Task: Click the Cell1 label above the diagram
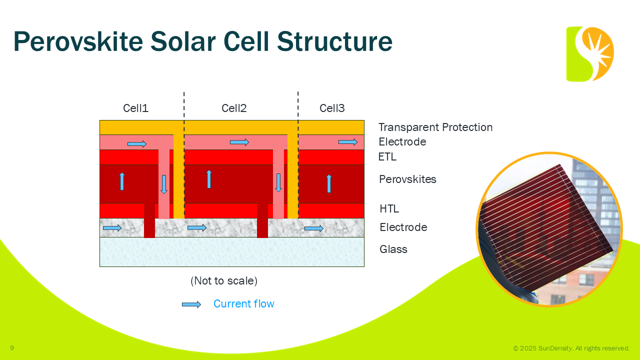[135, 108]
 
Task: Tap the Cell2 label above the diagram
[234, 108]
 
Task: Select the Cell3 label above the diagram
[332, 108]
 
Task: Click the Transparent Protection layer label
[435, 127]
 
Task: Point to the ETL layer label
[387, 157]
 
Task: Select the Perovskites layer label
[407, 179]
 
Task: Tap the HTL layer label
[389, 209]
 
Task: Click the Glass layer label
[393, 249]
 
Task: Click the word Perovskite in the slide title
[78, 41]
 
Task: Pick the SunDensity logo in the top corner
[590, 54]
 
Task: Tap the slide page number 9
[12, 348]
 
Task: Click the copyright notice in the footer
[571, 348]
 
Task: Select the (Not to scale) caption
[224, 281]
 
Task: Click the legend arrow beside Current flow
[191, 304]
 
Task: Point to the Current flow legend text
[243, 304]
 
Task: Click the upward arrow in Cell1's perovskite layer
[121, 181]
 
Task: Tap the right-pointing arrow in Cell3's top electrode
[348, 142]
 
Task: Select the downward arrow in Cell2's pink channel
[278, 182]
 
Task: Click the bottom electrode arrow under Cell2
[197, 228]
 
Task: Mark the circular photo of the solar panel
[549, 229]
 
